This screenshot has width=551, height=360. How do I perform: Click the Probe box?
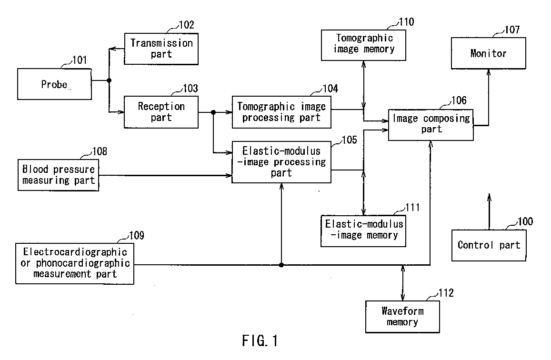[55, 84]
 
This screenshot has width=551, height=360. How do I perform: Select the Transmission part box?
[161, 49]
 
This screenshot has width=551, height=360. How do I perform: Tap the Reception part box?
[161, 112]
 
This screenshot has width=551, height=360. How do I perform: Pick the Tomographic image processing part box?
[281, 112]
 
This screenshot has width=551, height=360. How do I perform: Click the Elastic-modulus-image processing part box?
[281, 162]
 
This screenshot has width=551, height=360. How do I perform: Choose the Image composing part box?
[431, 124]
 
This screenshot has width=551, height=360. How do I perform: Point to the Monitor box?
[489, 53]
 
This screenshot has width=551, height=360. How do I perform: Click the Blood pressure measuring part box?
[59, 175]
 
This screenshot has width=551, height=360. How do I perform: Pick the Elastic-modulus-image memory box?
[363, 230]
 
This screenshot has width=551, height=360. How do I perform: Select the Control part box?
[489, 245]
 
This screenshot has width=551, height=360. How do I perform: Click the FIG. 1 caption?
[259, 341]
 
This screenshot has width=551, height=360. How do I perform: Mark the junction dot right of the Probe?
[109, 80]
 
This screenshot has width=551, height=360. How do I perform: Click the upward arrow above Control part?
[488, 210]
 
